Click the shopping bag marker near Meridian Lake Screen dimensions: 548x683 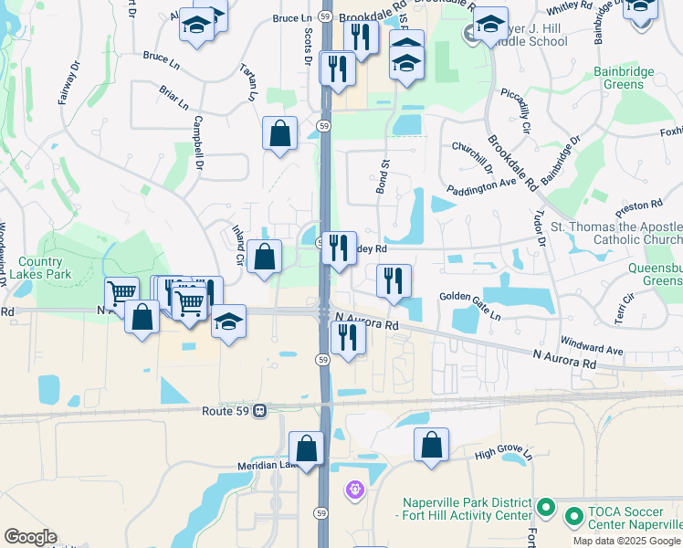[x=306, y=448]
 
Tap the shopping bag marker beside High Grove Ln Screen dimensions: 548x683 [x=432, y=445]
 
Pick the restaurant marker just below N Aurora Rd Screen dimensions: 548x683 [x=348, y=337]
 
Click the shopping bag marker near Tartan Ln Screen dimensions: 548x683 [x=279, y=133]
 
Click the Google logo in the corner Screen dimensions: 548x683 [x=30, y=537]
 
